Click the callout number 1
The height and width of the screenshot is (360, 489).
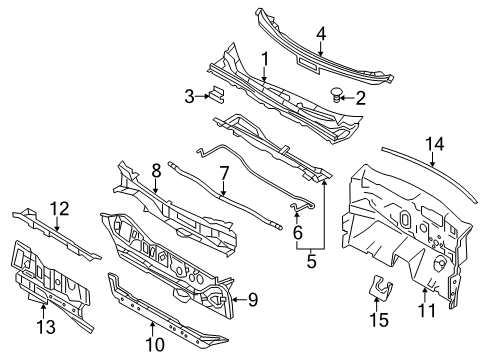pos(264,58)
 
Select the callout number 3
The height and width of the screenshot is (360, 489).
pos(189,95)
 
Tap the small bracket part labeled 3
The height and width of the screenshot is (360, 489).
pos(215,95)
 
